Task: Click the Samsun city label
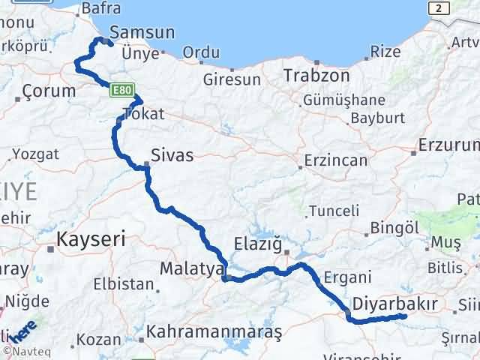tap(142, 32)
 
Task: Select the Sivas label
tap(172, 156)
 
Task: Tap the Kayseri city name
tap(91, 240)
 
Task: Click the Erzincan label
tap(335, 160)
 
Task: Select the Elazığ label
tap(257, 244)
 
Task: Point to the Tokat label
tap(142, 115)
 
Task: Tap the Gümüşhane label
tap(343, 100)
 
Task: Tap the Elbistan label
tap(124, 285)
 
